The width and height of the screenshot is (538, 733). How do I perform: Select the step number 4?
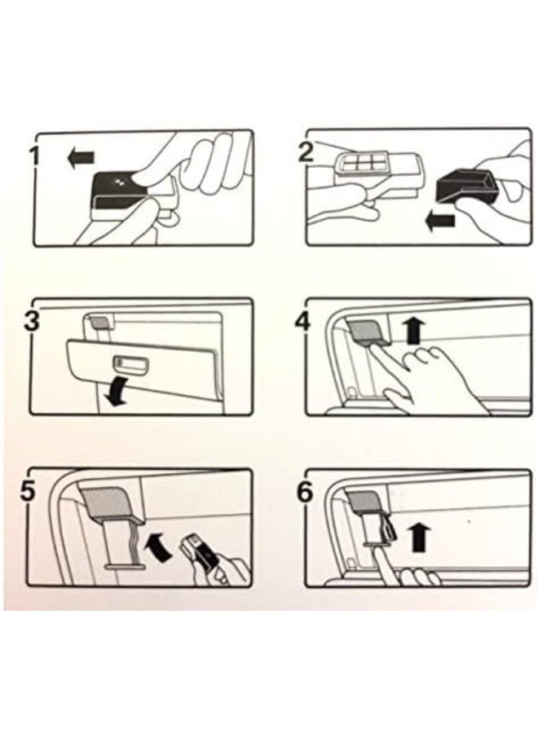click(x=303, y=321)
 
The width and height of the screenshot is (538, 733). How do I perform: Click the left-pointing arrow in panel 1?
click(x=81, y=159)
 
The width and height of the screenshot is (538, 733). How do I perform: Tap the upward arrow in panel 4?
click(x=414, y=331)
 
